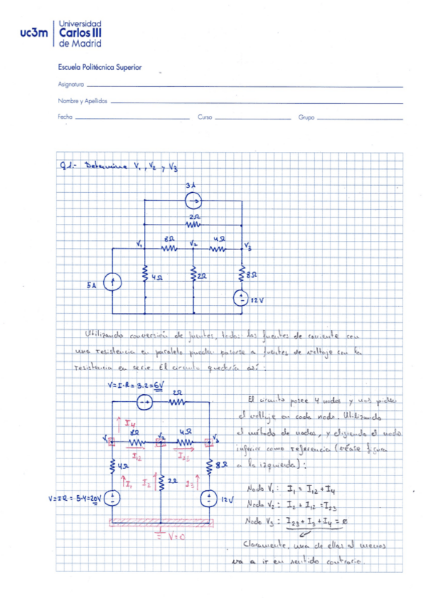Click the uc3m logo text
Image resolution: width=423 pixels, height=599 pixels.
34,32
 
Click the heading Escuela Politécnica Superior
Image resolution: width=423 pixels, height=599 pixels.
100,67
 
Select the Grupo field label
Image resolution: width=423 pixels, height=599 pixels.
306,117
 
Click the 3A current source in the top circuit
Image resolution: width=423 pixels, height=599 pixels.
192,201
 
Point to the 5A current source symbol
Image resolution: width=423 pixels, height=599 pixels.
111,283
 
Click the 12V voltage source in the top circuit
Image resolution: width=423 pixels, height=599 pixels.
242,298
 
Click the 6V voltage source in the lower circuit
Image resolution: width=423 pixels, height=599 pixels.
145,403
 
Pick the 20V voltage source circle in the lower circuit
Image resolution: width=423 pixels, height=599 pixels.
112,498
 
